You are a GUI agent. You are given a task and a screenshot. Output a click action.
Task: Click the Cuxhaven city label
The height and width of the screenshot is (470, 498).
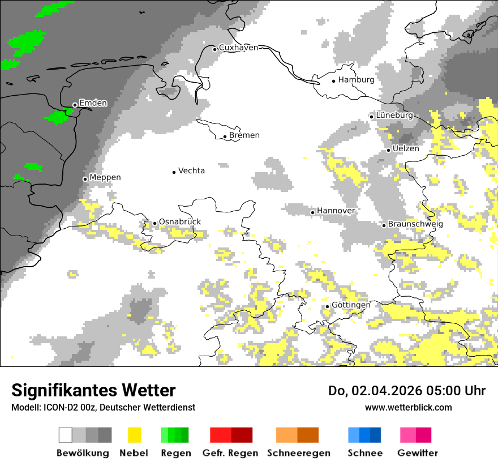pos(238,48)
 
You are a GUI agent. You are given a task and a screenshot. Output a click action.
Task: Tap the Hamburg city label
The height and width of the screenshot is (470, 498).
pos(356,80)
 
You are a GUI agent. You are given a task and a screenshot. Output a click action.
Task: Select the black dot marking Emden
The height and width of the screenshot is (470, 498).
pos(75,105)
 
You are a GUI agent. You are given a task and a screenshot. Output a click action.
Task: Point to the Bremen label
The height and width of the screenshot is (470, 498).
pos(244,135)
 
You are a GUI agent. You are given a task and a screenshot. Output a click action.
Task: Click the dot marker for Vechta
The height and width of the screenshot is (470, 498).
pos(174,172)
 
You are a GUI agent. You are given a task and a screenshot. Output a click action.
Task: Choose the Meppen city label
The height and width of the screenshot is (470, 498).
pos(105,178)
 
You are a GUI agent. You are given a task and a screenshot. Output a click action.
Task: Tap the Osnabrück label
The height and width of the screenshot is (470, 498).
pos(179,222)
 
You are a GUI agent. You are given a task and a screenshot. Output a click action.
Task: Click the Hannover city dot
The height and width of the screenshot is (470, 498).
pos(312,212)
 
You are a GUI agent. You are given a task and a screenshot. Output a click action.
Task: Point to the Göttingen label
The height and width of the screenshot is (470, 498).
pos(351,305)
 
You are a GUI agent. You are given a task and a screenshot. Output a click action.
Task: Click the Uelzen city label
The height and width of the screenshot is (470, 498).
pos(406,149)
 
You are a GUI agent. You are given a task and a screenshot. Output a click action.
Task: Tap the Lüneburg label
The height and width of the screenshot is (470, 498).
pos(394,116)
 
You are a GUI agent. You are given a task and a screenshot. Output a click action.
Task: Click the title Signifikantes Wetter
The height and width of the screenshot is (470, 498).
pos(93,390)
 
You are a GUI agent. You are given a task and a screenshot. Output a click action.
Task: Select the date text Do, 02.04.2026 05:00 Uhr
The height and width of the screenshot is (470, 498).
pos(407,391)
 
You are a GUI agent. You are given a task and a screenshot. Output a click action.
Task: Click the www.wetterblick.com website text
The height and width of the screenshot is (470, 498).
pos(408,407)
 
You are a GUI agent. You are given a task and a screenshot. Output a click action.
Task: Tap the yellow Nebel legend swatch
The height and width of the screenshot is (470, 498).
pos(134,435)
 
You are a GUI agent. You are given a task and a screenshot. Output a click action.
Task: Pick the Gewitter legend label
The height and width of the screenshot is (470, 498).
pos(417,453)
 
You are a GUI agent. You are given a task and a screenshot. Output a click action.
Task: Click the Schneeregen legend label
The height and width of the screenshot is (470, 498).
pos(298,453)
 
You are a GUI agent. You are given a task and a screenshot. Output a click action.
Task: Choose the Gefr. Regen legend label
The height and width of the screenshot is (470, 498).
pos(230,453)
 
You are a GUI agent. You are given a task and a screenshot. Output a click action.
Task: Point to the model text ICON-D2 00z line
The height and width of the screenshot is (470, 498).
pos(103,407)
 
